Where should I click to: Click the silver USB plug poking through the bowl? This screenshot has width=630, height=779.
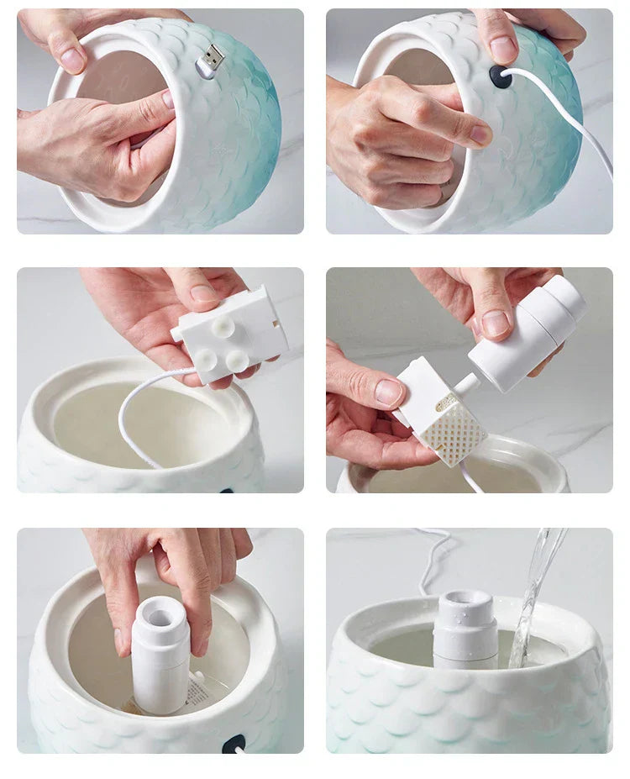[212, 61]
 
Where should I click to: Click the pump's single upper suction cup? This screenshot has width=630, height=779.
[223, 324]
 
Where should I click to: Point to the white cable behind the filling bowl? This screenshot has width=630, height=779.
[433, 559]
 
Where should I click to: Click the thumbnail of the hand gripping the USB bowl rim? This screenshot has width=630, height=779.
[71, 58]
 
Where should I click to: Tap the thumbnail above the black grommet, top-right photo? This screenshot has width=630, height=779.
[504, 49]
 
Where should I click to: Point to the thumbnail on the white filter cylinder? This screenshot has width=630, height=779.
[496, 323]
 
